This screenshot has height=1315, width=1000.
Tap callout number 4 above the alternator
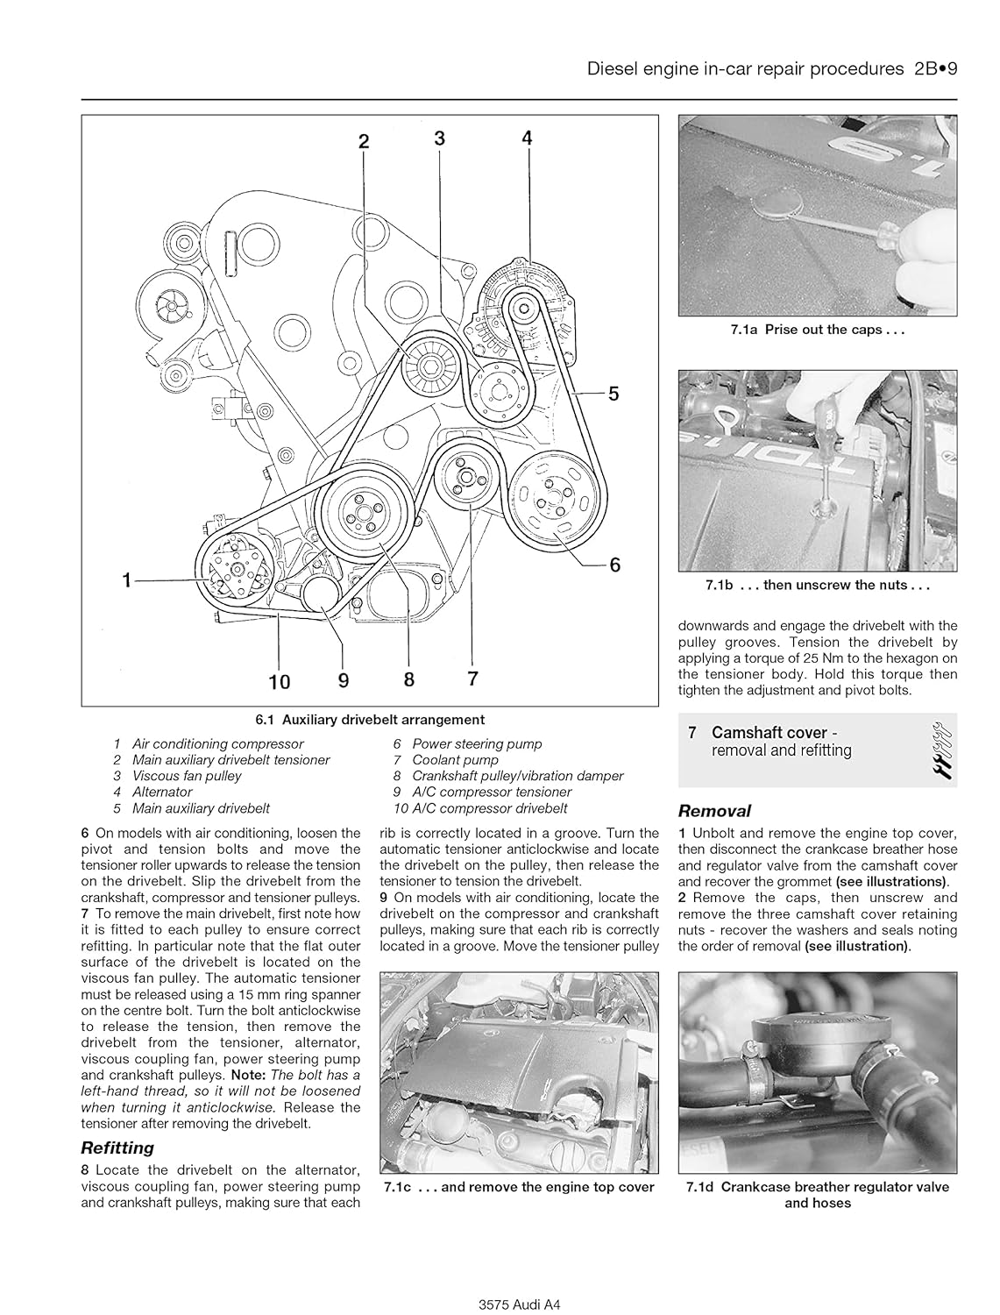click(x=527, y=138)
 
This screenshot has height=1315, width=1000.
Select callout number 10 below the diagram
click(x=280, y=679)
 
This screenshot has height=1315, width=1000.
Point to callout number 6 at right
click(x=614, y=565)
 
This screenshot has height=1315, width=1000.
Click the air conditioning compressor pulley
click(x=232, y=571)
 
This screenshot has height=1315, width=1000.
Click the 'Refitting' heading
click(x=117, y=1148)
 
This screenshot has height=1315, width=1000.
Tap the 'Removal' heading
click(x=714, y=811)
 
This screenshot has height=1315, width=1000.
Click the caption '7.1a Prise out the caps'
click(x=817, y=331)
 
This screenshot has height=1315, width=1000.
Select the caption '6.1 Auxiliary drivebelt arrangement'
click(x=370, y=720)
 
